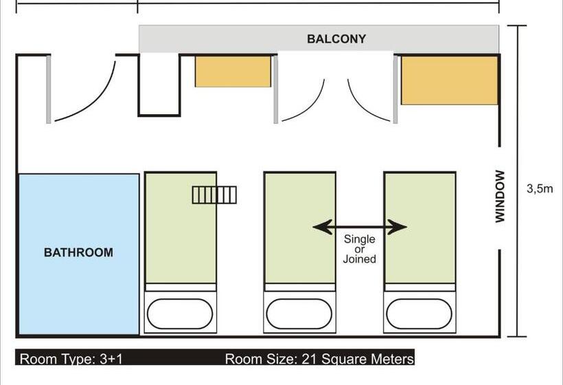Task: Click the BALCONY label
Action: click(336, 38)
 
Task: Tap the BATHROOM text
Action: click(78, 252)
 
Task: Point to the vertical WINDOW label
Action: click(500, 196)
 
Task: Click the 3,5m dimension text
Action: click(540, 189)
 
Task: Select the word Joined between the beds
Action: click(359, 258)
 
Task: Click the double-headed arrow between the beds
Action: click(360, 227)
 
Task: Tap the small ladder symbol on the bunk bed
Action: click(214, 195)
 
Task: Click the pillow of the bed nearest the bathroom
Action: click(180, 313)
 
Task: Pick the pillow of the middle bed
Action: click(299, 313)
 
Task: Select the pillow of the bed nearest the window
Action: click(419, 313)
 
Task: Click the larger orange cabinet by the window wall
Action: click(450, 80)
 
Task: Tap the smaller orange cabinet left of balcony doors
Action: click(233, 71)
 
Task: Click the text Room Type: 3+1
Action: click(71, 359)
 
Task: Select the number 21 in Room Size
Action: click(308, 359)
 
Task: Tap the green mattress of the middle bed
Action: click(300, 228)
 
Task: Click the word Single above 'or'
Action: click(359, 239)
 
